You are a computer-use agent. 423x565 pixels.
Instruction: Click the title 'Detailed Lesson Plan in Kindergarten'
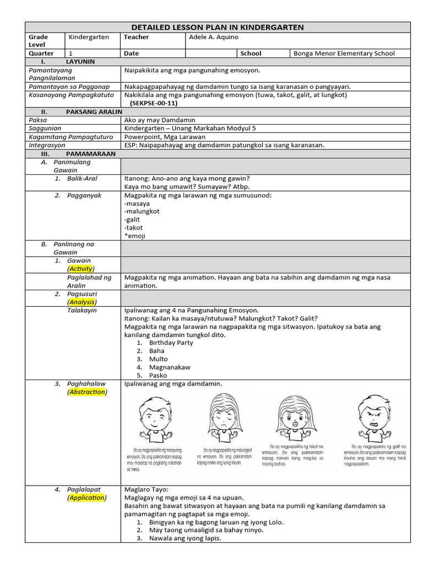(x=217, y=27)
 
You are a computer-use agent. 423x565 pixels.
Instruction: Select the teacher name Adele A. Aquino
(x=214, y=37)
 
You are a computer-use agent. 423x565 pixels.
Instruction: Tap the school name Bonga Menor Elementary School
(x=344, y=54)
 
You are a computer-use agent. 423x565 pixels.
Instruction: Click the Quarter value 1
(x=70, y=54)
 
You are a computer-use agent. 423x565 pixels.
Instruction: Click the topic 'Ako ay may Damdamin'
(x=160, y=120)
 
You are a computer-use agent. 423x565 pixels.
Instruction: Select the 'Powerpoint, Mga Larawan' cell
(x=165, y=136)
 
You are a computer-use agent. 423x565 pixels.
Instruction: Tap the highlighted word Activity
(x=81, y=269)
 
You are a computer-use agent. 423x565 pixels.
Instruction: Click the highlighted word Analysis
(x=82, y=302)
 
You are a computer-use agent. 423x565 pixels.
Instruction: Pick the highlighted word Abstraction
(x=87, y=392)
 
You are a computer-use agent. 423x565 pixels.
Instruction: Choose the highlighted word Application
(x=87, y=498)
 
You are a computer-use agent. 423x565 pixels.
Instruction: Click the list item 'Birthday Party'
(x=171, y=343)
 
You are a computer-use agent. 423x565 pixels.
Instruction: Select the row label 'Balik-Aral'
(x=82, y=179)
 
